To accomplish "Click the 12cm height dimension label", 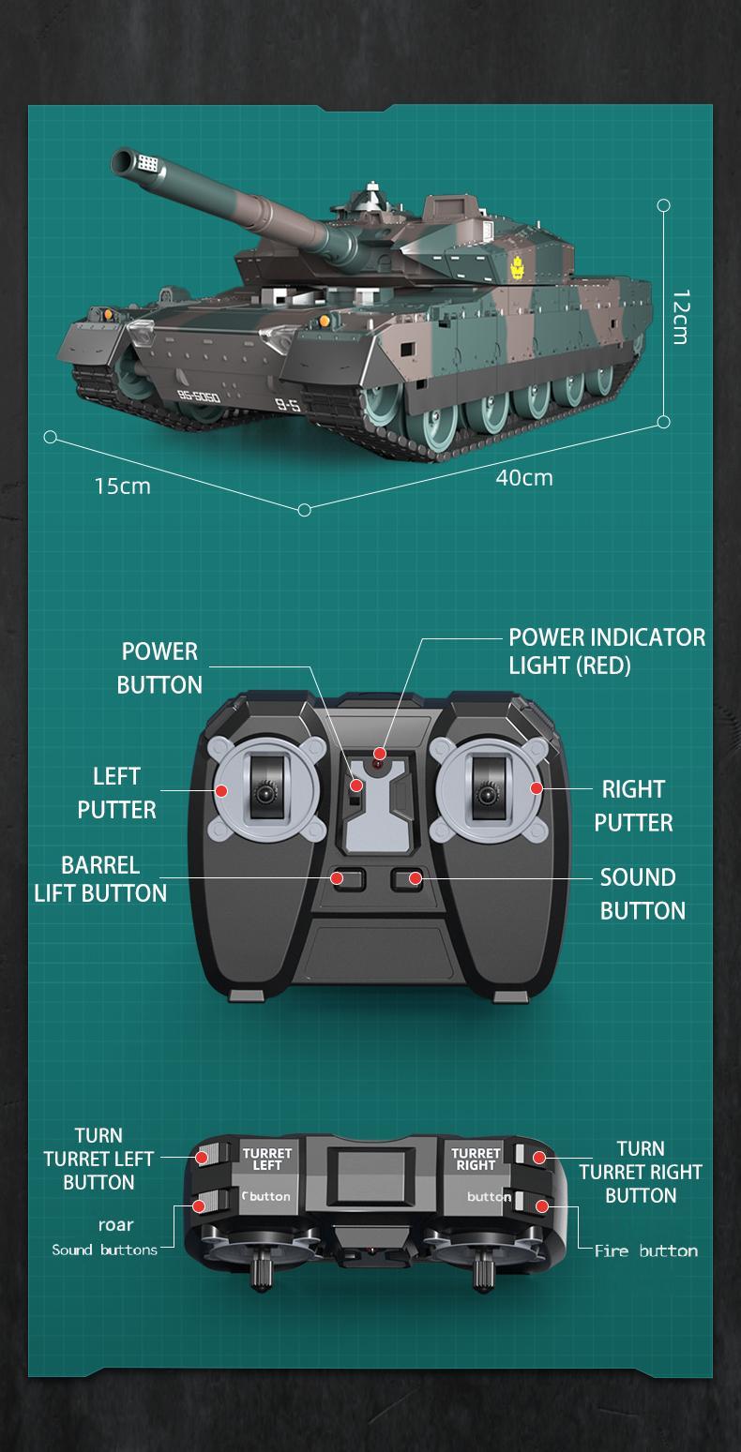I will [x=680, y=317].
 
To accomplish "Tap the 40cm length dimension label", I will [x=524, y=478].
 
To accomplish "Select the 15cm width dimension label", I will [x=122, y=486].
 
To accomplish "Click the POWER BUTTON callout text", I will [x=159, y=668].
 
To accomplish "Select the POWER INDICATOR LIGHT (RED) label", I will [x=606, y=651].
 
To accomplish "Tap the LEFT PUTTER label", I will [x=116, y=793].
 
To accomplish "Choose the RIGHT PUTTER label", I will [x=633, y=806].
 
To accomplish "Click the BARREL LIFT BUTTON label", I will [x=100, y=878].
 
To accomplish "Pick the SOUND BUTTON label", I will [x=642, y=894].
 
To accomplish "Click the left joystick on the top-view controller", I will [x=266, y=793].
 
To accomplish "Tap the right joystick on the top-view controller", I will [x=485, y=794].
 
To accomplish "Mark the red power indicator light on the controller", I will [x=380, y=754].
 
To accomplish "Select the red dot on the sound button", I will [x=414, y=877].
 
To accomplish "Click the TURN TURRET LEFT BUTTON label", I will [x=98, y=1160].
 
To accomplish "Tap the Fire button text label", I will [x=645, y=1251].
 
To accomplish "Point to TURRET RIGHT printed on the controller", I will [x=476, y=1160].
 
